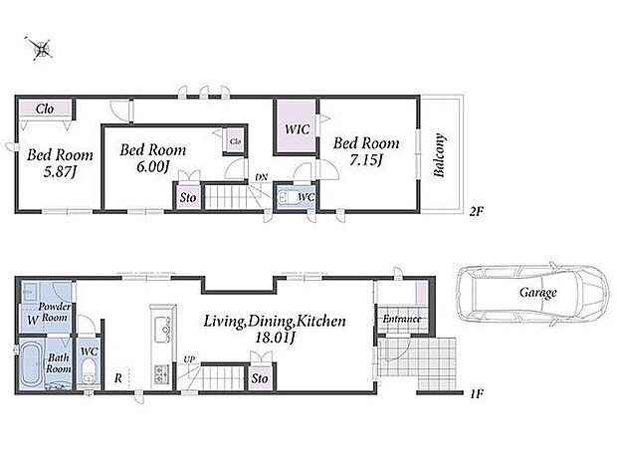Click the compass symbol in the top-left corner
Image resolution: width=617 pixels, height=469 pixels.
40,49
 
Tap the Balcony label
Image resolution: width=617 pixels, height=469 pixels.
440,155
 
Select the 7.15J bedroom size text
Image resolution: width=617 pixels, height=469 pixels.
366,160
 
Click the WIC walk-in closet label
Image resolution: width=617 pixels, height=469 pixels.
298,129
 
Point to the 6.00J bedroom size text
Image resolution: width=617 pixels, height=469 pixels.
153,167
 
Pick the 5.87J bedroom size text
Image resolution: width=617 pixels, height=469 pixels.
60,172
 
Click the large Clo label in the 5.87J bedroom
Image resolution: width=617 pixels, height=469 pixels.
45,109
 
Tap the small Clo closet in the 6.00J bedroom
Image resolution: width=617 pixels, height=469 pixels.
235,141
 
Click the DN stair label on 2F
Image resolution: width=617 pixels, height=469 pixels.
261,177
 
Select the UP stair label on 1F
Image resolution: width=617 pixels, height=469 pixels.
189,359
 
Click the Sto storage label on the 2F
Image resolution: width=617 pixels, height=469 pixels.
188,198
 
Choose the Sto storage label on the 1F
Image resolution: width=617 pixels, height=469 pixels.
260,378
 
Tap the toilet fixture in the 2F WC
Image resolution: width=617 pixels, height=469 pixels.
288,198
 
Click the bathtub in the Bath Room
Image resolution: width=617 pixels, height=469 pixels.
31,363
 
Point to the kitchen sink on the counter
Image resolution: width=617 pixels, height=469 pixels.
161,330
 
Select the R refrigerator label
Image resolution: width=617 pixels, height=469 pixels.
118,378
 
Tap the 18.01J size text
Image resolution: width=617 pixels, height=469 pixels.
276,338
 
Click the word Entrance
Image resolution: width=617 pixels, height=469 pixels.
402,319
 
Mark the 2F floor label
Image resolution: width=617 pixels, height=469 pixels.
476,212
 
